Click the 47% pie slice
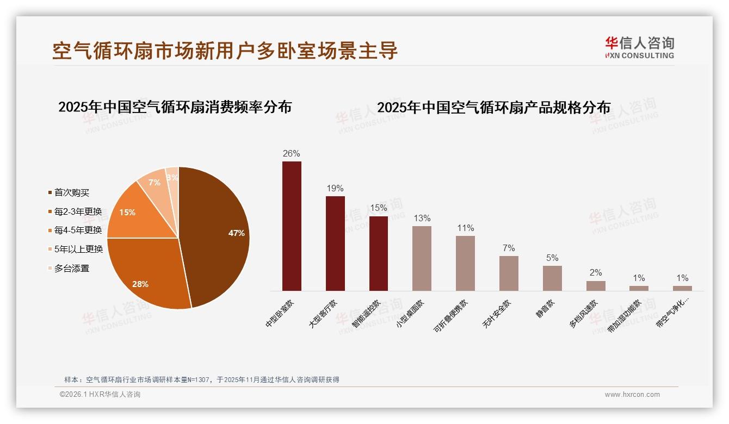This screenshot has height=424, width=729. click(x=218, y=234)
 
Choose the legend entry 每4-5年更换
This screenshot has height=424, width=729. click(x=78, y=230)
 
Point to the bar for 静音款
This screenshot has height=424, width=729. click(x=552, y=278)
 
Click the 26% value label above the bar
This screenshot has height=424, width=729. click(x=292, y=153)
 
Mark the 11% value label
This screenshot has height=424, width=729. click(x=465, y=228)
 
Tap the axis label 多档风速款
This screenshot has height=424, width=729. click(x=584, y=314)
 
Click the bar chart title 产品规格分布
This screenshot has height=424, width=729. click(x=493, y=108)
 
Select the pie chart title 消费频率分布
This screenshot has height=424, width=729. click(x=175, y=107)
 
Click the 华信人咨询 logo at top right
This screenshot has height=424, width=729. click(x=639, y=47)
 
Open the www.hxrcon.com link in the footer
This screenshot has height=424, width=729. click(x=632, y=395)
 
